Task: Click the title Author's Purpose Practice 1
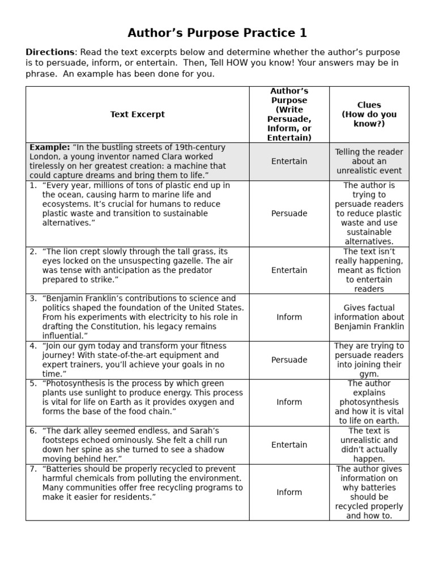click(217, 33)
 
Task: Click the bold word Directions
click(50, 52)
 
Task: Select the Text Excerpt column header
click(138, 114)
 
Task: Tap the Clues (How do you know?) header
click(369, 114)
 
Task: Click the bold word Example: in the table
click(50, 147)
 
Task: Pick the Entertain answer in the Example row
click(289, 161)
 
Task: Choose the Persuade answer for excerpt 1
click(289, 214)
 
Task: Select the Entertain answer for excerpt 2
click(289, 270)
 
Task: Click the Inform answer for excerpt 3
click(289, 317)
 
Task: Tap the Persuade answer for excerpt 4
click(289, 360)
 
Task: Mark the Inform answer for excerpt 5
click(289, 402)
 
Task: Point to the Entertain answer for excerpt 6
click(289, 445)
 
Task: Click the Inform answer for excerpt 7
click(289, 492)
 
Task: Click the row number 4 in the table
click(32, 346)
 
